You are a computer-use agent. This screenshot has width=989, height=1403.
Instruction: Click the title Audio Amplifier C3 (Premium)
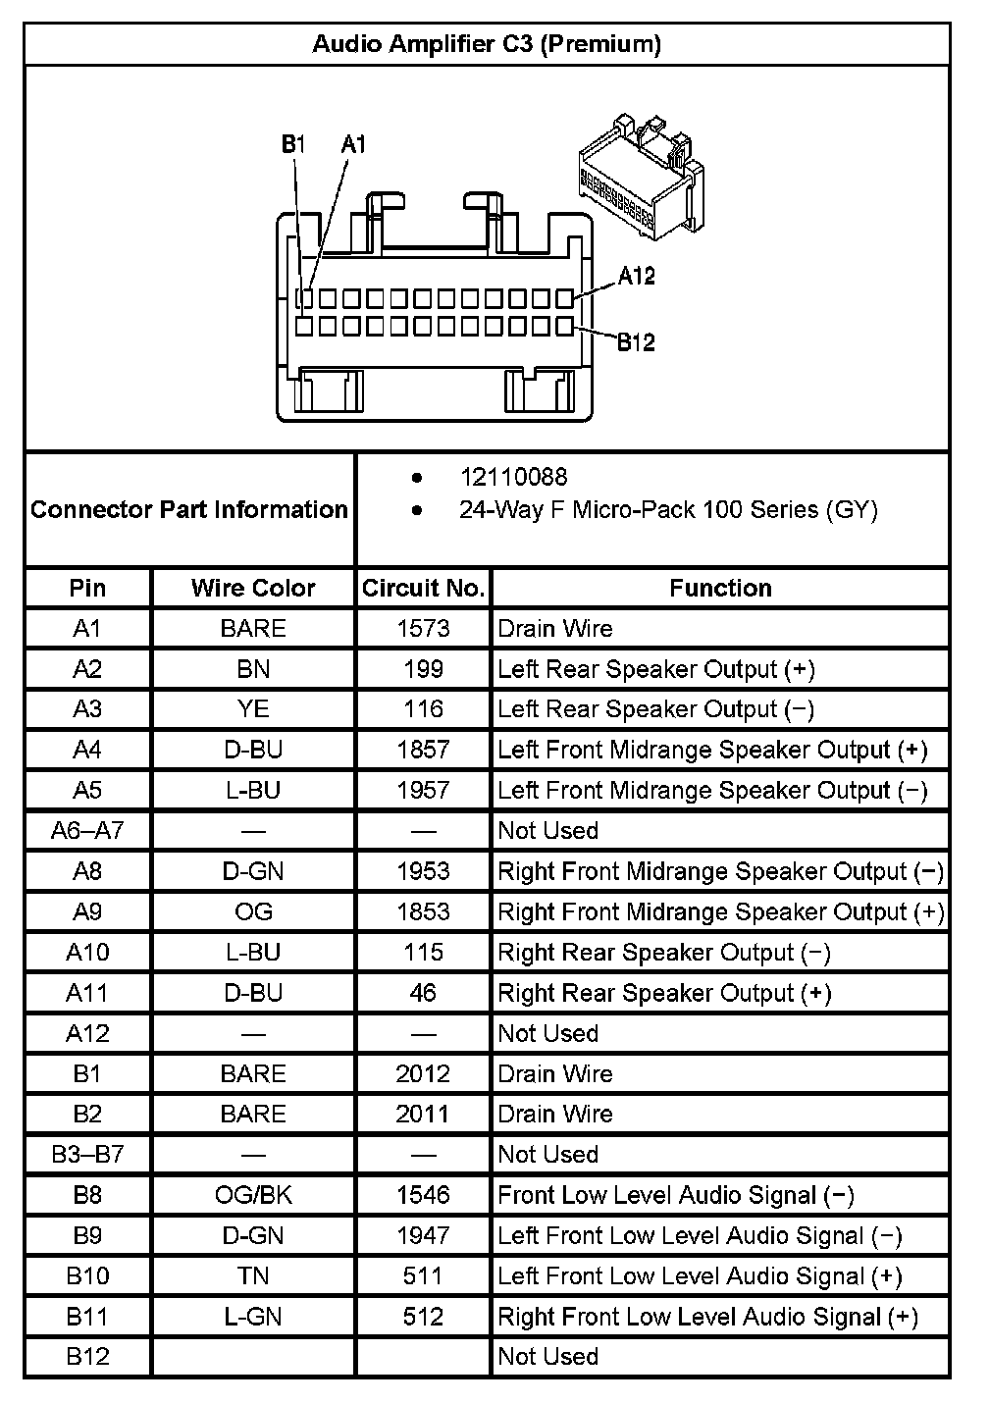[487, 44]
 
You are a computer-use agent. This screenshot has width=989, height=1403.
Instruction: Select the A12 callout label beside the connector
[636, 276]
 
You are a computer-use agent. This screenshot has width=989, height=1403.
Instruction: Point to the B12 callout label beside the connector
[636, 342]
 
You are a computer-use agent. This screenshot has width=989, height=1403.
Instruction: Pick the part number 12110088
[513, 477]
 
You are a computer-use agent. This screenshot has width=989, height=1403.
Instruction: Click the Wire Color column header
[253, 588]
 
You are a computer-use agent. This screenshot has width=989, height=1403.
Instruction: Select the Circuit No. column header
[423, 588]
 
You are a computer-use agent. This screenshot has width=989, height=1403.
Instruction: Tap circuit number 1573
[423, 628]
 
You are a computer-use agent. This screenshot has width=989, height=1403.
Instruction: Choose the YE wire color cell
[253, 709]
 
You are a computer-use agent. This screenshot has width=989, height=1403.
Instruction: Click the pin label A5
[87, 790]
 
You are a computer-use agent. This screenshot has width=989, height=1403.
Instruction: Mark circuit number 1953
[423, 871]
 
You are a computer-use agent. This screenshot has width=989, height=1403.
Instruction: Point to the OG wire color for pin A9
[253, 911]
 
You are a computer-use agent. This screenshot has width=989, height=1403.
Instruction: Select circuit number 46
[423, 993]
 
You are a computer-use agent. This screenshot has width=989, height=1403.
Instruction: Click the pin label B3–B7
[87, 1154]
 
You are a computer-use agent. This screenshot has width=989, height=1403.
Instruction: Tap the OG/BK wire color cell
[253, 1195]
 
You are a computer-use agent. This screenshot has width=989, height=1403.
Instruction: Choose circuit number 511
[423, 1275]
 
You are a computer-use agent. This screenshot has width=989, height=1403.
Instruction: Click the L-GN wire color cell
[253, 1317]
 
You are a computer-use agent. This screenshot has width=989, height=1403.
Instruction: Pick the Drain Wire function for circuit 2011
[555, 1114]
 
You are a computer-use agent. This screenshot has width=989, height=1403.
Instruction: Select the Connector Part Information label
[189, 509]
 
